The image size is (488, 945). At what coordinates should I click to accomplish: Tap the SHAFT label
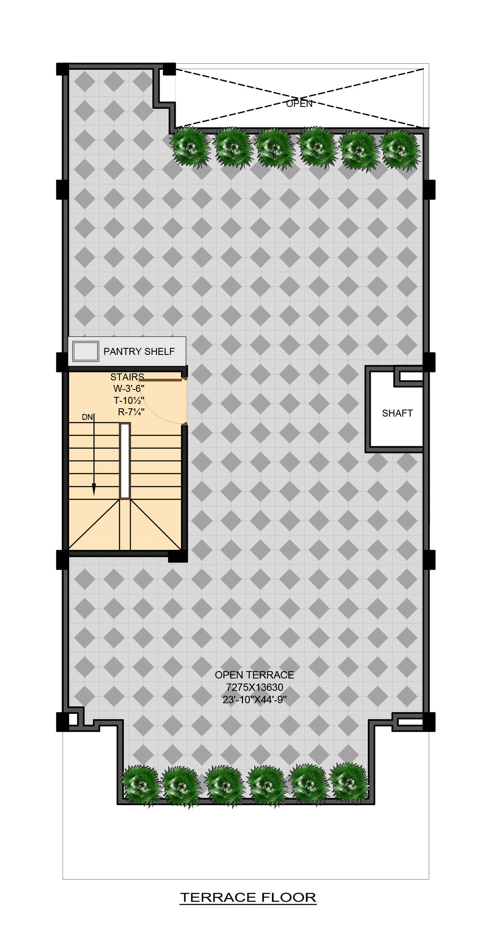point(397,413)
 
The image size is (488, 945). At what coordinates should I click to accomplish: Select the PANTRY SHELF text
point(139,352)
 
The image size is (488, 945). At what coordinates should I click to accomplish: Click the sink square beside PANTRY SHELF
point(86,352)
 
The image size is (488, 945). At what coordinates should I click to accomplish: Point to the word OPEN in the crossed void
point(299,104)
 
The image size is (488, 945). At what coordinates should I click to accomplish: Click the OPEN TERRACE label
point(254,675)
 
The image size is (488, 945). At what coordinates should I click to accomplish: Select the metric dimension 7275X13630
point(254,687)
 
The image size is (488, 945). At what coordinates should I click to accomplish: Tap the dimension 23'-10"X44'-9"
point(254,699)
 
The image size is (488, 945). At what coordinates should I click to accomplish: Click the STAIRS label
point(127,377)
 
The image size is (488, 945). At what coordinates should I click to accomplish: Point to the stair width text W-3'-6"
point(129,389)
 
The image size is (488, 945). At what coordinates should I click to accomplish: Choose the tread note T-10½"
point(129,401)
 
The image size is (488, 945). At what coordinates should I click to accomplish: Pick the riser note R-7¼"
point(131,412)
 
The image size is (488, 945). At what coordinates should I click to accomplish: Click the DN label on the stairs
point(87,417)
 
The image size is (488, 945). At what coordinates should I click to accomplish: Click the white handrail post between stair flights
point(125,461)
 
